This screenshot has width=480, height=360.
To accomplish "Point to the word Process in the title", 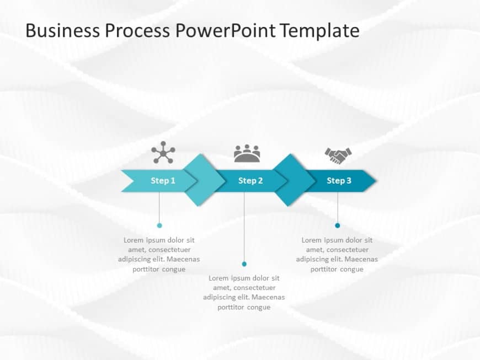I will [x=136, y=30].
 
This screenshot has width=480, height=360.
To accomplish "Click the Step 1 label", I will [x=163, y=181].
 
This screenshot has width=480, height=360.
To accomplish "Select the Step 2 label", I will [x=250, y=181].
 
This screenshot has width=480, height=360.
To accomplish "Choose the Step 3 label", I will [x=339, y=181].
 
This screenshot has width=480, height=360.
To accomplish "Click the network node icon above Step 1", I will [x=163, y=153].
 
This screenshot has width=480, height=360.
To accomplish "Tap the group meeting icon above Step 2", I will [x=247, y=153].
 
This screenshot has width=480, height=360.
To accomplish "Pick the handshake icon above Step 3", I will [x=338, y=155].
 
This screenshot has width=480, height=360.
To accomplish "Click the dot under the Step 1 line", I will [x=159, y=225].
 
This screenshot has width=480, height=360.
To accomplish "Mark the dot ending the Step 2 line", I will [x=244, y=264].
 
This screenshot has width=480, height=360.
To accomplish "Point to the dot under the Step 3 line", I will [x=338, y=225].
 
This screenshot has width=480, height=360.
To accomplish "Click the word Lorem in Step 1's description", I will [x=134, y=240].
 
